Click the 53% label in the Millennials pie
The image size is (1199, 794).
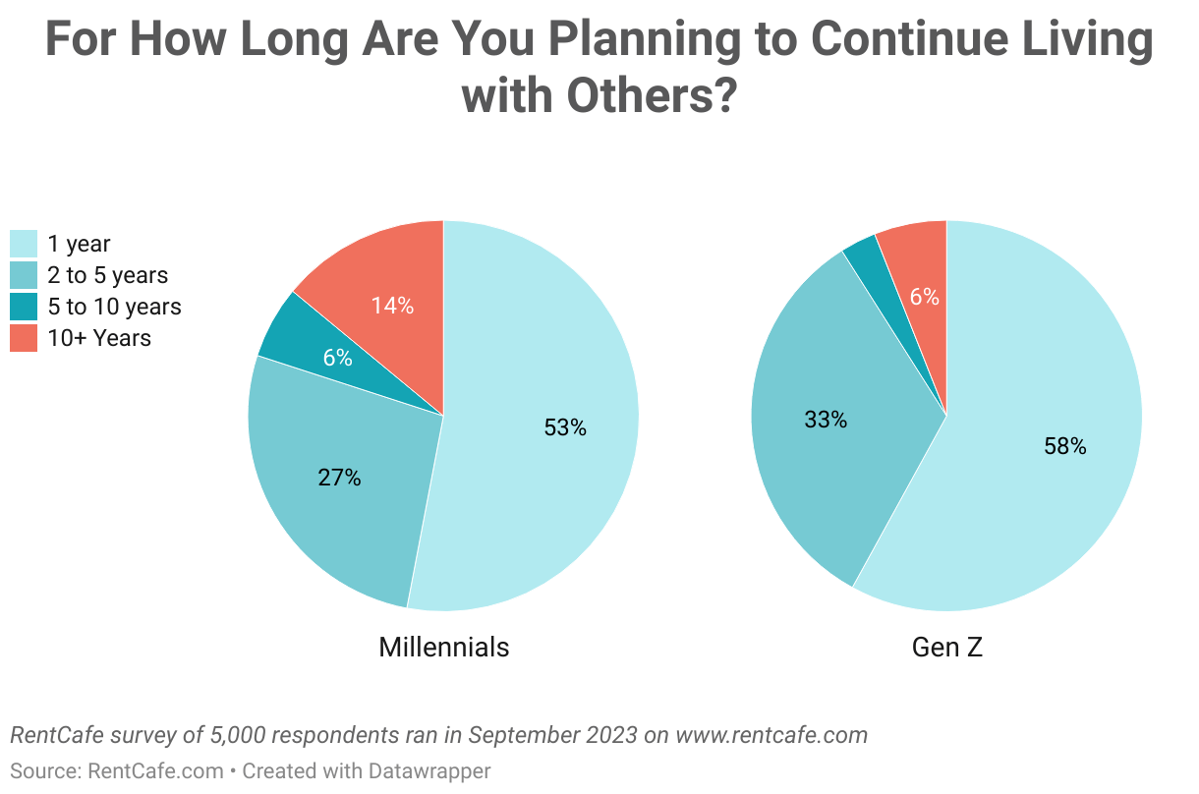coord(565,427)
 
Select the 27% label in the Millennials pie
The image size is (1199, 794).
coord(339,479)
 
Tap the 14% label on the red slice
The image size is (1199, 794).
coord(392,306)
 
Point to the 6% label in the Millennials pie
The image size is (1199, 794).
coord(337,358)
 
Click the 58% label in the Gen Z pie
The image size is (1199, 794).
coord(1065,446)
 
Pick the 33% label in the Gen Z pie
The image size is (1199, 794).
coord(826,420)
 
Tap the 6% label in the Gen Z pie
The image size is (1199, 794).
coord(924,296)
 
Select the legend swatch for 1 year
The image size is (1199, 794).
coord(24,244)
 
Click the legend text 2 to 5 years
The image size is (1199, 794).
coord(108,275)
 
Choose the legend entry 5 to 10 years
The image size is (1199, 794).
coord(114,307)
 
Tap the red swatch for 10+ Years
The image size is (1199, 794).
coord(24,338)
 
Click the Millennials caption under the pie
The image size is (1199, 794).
coord(444,647)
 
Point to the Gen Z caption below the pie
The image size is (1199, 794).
coord(947,647)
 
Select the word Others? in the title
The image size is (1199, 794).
coord(651,96)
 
